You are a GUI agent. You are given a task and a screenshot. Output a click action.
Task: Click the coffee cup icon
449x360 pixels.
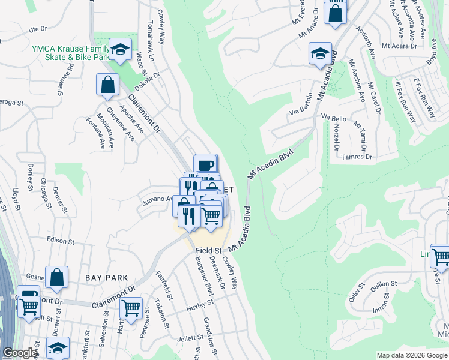coord(205,164)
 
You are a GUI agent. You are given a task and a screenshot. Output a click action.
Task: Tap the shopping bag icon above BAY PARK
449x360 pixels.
coord(56,277)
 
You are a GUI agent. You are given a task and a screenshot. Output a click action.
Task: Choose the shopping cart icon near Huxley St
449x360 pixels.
coord(131,308)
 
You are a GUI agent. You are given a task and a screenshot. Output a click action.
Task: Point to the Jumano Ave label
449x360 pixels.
coord(155,202)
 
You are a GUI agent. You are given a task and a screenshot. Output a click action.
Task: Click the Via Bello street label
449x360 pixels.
coord(334,118)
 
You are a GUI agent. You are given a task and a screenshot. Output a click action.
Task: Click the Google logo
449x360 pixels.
coord(20,353)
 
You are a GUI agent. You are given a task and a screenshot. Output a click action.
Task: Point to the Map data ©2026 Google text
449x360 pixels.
coord(412,355)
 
